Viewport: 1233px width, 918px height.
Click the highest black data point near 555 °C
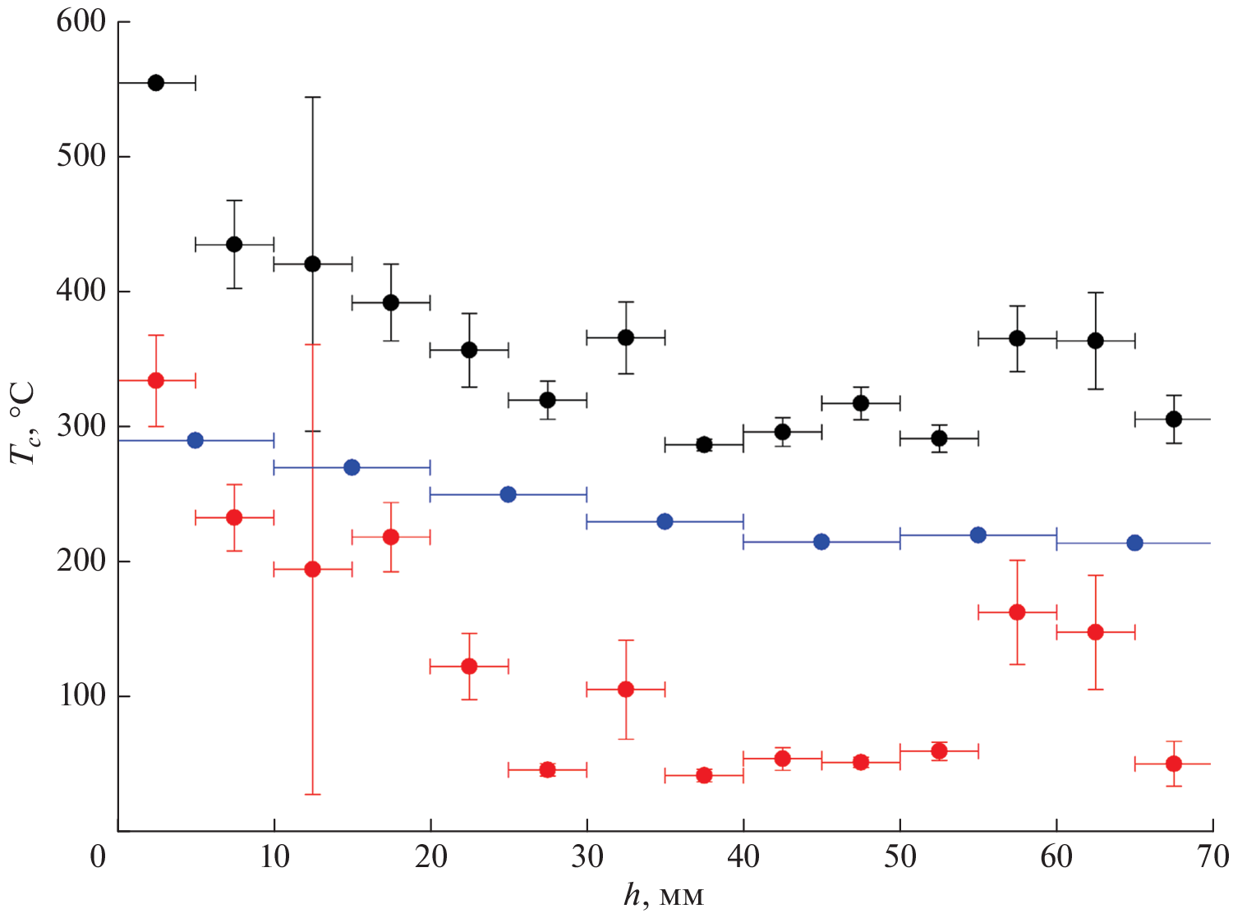pyautogui.click(x=155, y=82)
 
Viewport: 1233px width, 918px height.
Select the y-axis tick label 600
pyautogui.click(x=81, y=21)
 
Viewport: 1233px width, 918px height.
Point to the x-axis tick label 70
pyautogui.click(x=1212, y=857)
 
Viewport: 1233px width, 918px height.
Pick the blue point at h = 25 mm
pyautogui.click(x=508, y=494)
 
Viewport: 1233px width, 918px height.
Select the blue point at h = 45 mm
pyautogui.click(x=821, y=541)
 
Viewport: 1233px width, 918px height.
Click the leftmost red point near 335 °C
pyautogui.click(x=155, y=380)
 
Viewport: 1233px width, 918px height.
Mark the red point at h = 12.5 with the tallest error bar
pyautogui.click(x=312, y=569)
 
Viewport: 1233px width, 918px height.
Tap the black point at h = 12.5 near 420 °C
pyautogui.click(x=312, y=264)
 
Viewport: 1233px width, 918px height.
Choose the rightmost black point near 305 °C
pyautogui.click(x=1173, y=419)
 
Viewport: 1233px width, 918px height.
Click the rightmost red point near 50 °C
pyautogui.click(x=1173, y=764)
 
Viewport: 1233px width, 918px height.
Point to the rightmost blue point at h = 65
pyautogui.click(x=1134, y=543)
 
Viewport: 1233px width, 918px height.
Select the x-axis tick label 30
pyautogui.click(x=587, y=857)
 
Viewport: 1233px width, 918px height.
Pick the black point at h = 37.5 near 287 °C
pyautogui.click(x=703, y=445)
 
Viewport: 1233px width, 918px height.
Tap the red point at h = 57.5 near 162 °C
pyautogui.click(x=1017, y=612)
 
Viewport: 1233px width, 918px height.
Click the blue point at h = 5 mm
pyautogui.click(x=195, y=440)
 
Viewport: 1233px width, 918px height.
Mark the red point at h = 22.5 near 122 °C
pyautogui.click(x=469, y=666)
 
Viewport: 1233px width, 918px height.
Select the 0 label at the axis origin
pyautogui.click(x=98, y=857)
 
